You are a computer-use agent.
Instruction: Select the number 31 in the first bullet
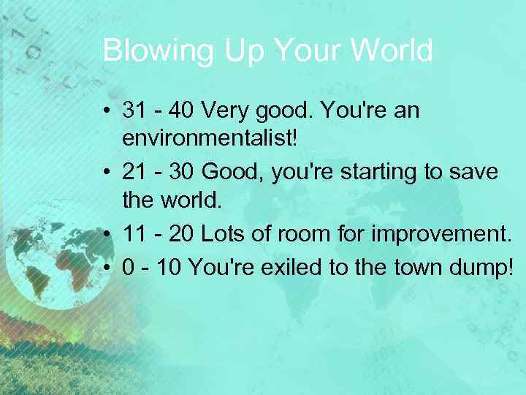click(135, 111)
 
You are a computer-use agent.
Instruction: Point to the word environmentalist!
click(213, 141)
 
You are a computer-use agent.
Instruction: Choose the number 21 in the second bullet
click(135, 172)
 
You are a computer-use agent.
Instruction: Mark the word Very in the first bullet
click(225, 111)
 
